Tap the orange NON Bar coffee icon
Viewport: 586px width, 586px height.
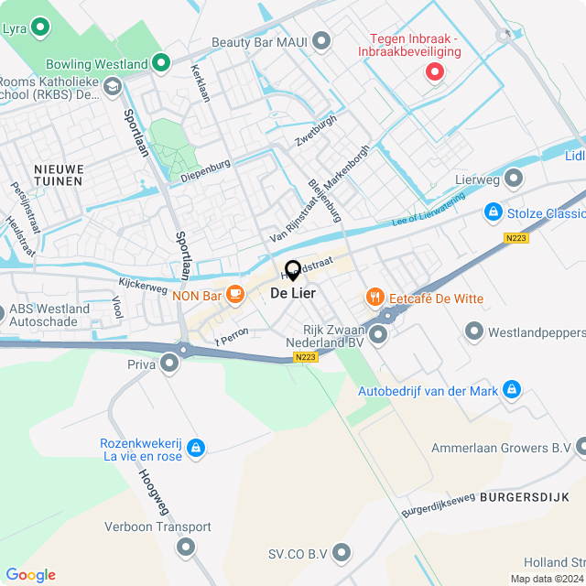pyautogui.click(x=235, y=294)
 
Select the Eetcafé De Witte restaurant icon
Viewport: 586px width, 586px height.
pyautogui.click(x=374, y=298)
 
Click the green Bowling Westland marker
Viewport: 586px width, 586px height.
pyautogui.click(x=161, y=64)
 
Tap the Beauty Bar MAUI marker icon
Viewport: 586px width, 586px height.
pyautogui.click(x=321, y=41)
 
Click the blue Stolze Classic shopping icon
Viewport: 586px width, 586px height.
pyautogui.click(x=494, y=213)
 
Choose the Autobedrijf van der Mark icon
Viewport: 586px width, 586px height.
pyautogui.click(x=512, y=391)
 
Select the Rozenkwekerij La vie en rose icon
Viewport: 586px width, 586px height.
pyautogui.click(x=195, y=448)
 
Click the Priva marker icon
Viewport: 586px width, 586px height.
pyautogui.click(x=169, y=364)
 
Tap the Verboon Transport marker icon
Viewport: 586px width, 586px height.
pyautogui.click(x=186, y=548)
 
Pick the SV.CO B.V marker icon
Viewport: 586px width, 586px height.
pyautogui.click(x=342, y=552)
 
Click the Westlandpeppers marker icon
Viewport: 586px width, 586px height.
pyautogui.click(x=474, y=331)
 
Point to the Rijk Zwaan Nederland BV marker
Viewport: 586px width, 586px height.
pyautogui.click(x=378, y=334)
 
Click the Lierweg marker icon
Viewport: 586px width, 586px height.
pyautogui.click(x=514, y=177)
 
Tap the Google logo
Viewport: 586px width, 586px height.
pyautogui.click(x=30, y=575)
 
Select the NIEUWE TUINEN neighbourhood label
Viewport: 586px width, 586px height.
pyautogui.click(x=59, y=175)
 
